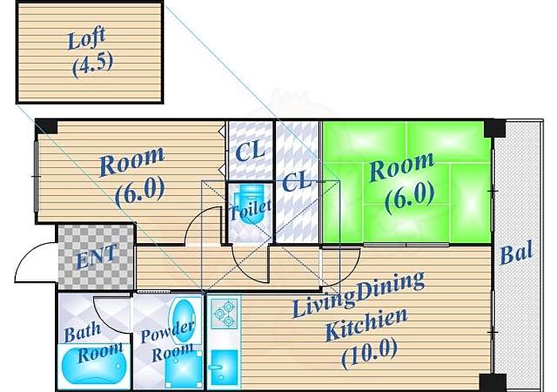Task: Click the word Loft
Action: [87, 37]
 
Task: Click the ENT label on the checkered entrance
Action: [96, 257]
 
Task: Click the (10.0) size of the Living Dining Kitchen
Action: [369, 352]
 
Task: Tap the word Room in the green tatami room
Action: [402, 169]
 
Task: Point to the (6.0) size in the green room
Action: [409, 196]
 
